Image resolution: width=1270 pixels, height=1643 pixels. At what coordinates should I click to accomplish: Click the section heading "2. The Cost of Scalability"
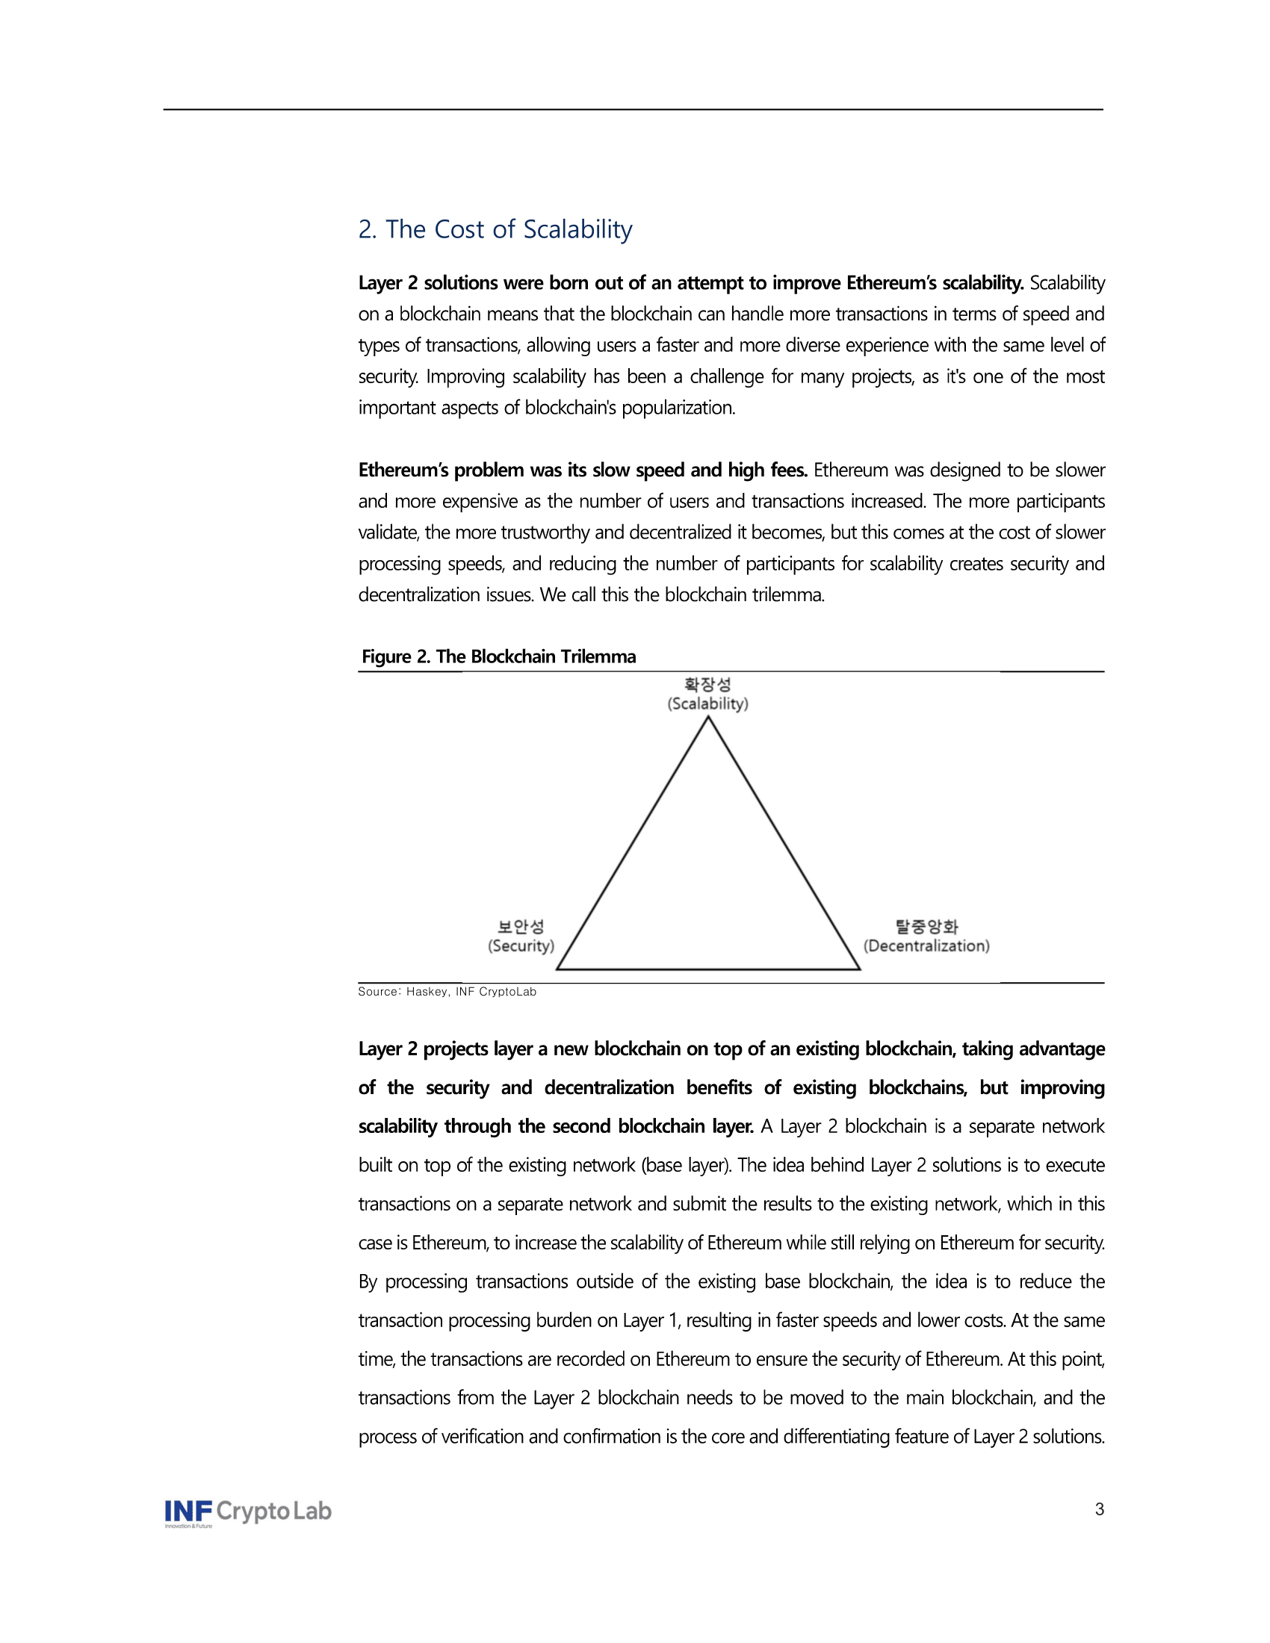point(495,229)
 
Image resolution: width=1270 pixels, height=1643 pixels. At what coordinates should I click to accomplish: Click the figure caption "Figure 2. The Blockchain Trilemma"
point(498,656)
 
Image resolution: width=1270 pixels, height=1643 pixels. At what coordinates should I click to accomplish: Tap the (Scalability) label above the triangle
point(707,704)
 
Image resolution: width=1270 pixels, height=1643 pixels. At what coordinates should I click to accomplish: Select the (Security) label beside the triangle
point(521,946)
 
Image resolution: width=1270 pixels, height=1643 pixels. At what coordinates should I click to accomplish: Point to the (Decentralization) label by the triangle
point(926,946)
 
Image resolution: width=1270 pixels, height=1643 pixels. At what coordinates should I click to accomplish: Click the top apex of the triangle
point(708,718)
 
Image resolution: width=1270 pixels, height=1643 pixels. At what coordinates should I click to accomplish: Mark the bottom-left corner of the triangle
point(557,969)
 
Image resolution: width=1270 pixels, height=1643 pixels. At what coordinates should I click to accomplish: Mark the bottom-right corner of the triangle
point(859,969)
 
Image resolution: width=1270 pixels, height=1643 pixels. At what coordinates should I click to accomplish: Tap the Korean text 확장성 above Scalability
point(707,685)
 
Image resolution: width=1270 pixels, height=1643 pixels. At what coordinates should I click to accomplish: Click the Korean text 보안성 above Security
point(521,927)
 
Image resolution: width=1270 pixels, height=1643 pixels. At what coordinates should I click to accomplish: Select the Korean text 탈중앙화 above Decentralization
point(926,927)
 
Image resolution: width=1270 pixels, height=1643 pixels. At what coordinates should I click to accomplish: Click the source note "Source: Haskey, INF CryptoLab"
point(447,992)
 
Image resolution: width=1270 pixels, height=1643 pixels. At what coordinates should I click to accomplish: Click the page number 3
point(1099,1509)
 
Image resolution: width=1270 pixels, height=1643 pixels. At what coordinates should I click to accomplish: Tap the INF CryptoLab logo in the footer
point(247,1512)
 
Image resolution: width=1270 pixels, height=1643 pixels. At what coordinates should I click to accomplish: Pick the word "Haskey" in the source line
point(427,992)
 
